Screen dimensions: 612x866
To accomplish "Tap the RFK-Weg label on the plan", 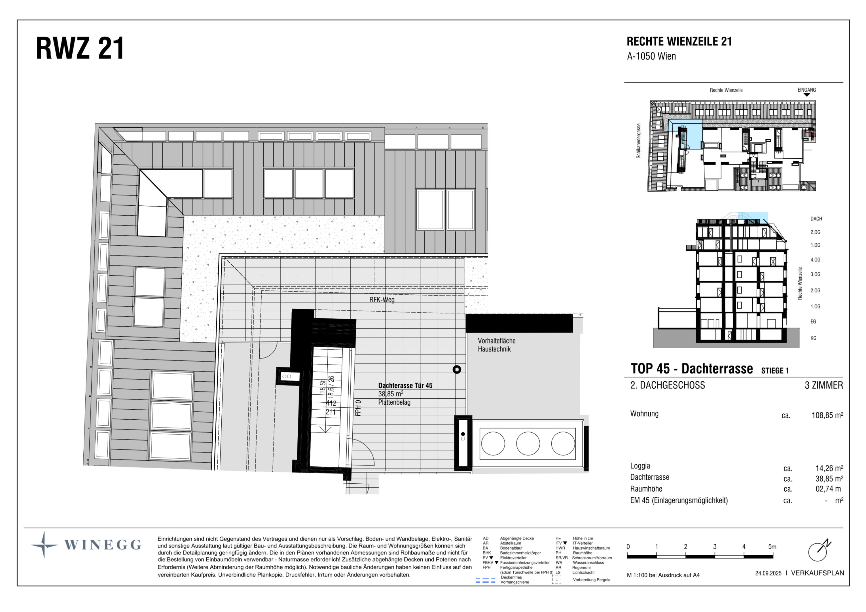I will pyautogui.click(x=382, y=300).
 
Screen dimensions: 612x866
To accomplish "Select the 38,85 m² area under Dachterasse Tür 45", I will pyautogui.click(x=390, y=394).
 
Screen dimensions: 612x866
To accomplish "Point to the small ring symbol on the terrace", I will pyautogui.click(x=457, y=369).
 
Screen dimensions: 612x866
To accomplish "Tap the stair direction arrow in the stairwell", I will pyautogui.click(x=325, y=429).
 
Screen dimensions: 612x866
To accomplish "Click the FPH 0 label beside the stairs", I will pyautogui.click(x=358, y=408).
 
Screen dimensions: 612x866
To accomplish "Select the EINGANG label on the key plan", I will pyautogui.click(x=806, y=90).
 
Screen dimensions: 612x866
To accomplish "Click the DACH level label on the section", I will pyautogui.click(x=816, y=219).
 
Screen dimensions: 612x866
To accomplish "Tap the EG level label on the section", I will pyautogui.click(x=813, y=322).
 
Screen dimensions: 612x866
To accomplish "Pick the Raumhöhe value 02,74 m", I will pyautogui.click(x=828, y=489).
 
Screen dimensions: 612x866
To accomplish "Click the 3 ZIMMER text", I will pyautogui.click(x=824, y=385).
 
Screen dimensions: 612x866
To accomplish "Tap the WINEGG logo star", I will pyautogui.click(x=45, y=545).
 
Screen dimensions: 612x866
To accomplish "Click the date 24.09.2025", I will pyautogui.click(x=768, y=573).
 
